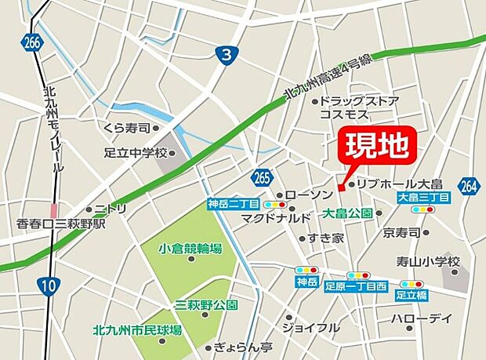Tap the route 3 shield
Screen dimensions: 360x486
click(225, 54)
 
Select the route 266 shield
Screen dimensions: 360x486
click(31, 43)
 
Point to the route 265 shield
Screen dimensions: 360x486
click(263, 178)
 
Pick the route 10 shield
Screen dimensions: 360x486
click(49, 286)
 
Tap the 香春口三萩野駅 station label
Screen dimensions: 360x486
click(61, 224)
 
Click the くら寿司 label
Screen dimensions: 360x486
click(126, 126)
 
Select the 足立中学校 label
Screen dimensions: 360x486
click(136, 152)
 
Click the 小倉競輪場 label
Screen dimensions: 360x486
click(190, 249)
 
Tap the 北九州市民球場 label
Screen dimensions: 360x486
click(137, 330)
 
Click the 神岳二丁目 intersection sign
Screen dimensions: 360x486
click(228, 204)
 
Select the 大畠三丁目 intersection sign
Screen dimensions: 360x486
click(423, 198)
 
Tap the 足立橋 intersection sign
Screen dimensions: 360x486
click(412, 295)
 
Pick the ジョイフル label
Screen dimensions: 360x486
click(311, 327)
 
